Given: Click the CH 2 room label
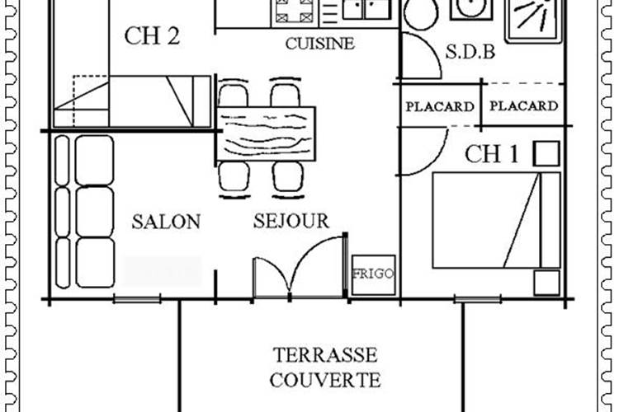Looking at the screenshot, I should [153, 36].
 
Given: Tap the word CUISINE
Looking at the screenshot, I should [319, 44].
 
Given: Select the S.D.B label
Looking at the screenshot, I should [470, 52].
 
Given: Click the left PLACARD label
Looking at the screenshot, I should [440, 106].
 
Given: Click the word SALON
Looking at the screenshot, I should [166, 221].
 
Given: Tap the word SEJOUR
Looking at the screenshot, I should [291, 221].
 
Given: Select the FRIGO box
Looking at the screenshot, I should [374, 273].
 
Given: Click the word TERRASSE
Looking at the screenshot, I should [325, 355].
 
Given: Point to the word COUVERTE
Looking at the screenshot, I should [325, 381].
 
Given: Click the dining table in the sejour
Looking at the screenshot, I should [266, 133].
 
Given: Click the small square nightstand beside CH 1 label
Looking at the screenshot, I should [546, 153].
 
